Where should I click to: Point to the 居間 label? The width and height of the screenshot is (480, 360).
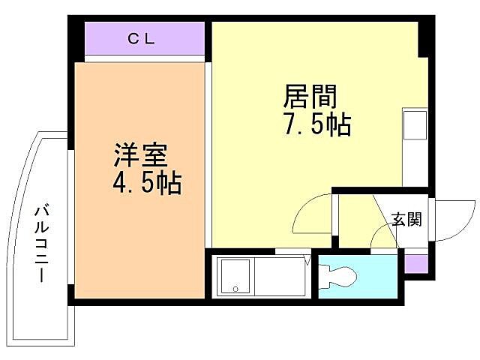coord(309,97)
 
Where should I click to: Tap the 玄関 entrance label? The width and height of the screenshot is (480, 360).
coord(406,219)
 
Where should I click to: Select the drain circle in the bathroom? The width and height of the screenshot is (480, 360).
coord(235,288)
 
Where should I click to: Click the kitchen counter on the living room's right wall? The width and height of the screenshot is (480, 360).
coord(414,147)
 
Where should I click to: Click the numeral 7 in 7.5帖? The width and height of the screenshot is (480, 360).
coord(289,125)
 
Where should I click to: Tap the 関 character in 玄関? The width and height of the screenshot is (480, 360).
coord(414,219)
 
